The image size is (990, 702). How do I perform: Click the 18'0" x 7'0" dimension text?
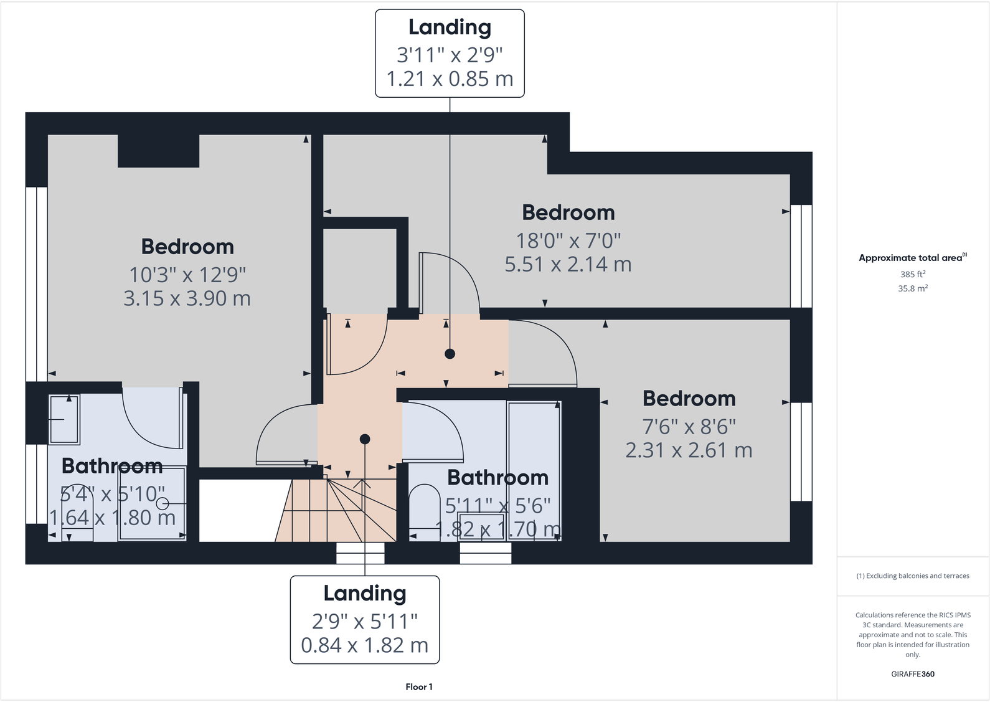coord(568,240)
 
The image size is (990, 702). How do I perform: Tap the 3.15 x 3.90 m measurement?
coord(187,298)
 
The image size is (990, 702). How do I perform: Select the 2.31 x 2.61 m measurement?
coord(689,450)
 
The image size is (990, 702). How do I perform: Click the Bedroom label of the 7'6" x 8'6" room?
coord(689,399)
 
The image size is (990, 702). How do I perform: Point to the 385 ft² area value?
coord(912,274)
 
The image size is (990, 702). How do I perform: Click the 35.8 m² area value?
coord(912,288)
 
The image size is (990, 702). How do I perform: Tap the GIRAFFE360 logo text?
coord(912,674)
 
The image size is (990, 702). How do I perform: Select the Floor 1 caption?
coord(418,687)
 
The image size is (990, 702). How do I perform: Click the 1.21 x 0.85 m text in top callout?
coord(450,79)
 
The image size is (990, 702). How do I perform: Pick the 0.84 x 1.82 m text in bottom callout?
coord(364,645)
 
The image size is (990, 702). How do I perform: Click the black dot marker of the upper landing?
coord(450,354)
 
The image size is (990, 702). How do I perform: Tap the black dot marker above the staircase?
coord(365,439)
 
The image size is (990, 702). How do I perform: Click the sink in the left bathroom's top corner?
coord(64,419)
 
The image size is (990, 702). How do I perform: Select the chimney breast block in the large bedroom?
coord(158,151)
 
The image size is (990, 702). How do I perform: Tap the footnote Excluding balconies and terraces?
coord(912,576)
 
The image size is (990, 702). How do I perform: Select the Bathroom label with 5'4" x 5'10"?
coord(112,466)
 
